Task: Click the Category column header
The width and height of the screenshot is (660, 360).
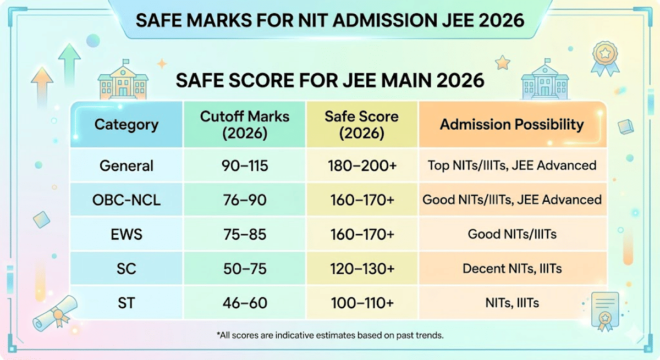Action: pyautogui.click(x=126, y=124)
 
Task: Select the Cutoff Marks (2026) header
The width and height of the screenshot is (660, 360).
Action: pyautogui.click(x=244, y=124)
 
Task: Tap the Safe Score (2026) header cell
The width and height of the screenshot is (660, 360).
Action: pyautogui.click(x=361, y=124)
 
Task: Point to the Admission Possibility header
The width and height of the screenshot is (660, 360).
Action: pyautogui.click(x=512, y=124)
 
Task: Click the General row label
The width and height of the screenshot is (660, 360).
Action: pyautogui.click(x=126, y=165)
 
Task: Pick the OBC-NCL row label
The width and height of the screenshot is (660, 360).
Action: pyautogui.click(x=126, y=200)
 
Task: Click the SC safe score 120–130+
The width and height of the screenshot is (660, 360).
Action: pyautogui.click(x=362, y=269)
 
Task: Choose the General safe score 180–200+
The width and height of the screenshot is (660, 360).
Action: pyautogui.click(x=362, y=165)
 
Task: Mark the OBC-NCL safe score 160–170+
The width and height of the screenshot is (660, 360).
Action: pyautogui.click(x=362, y=200)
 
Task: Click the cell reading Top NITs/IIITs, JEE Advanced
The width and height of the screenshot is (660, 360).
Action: pyautogui.click(x=512, y=165)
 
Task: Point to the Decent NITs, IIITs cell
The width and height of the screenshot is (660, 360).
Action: pyautogui.click(x=512, y=269)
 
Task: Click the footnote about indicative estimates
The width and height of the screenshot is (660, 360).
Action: pyautogui.click(x=330, y=335)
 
